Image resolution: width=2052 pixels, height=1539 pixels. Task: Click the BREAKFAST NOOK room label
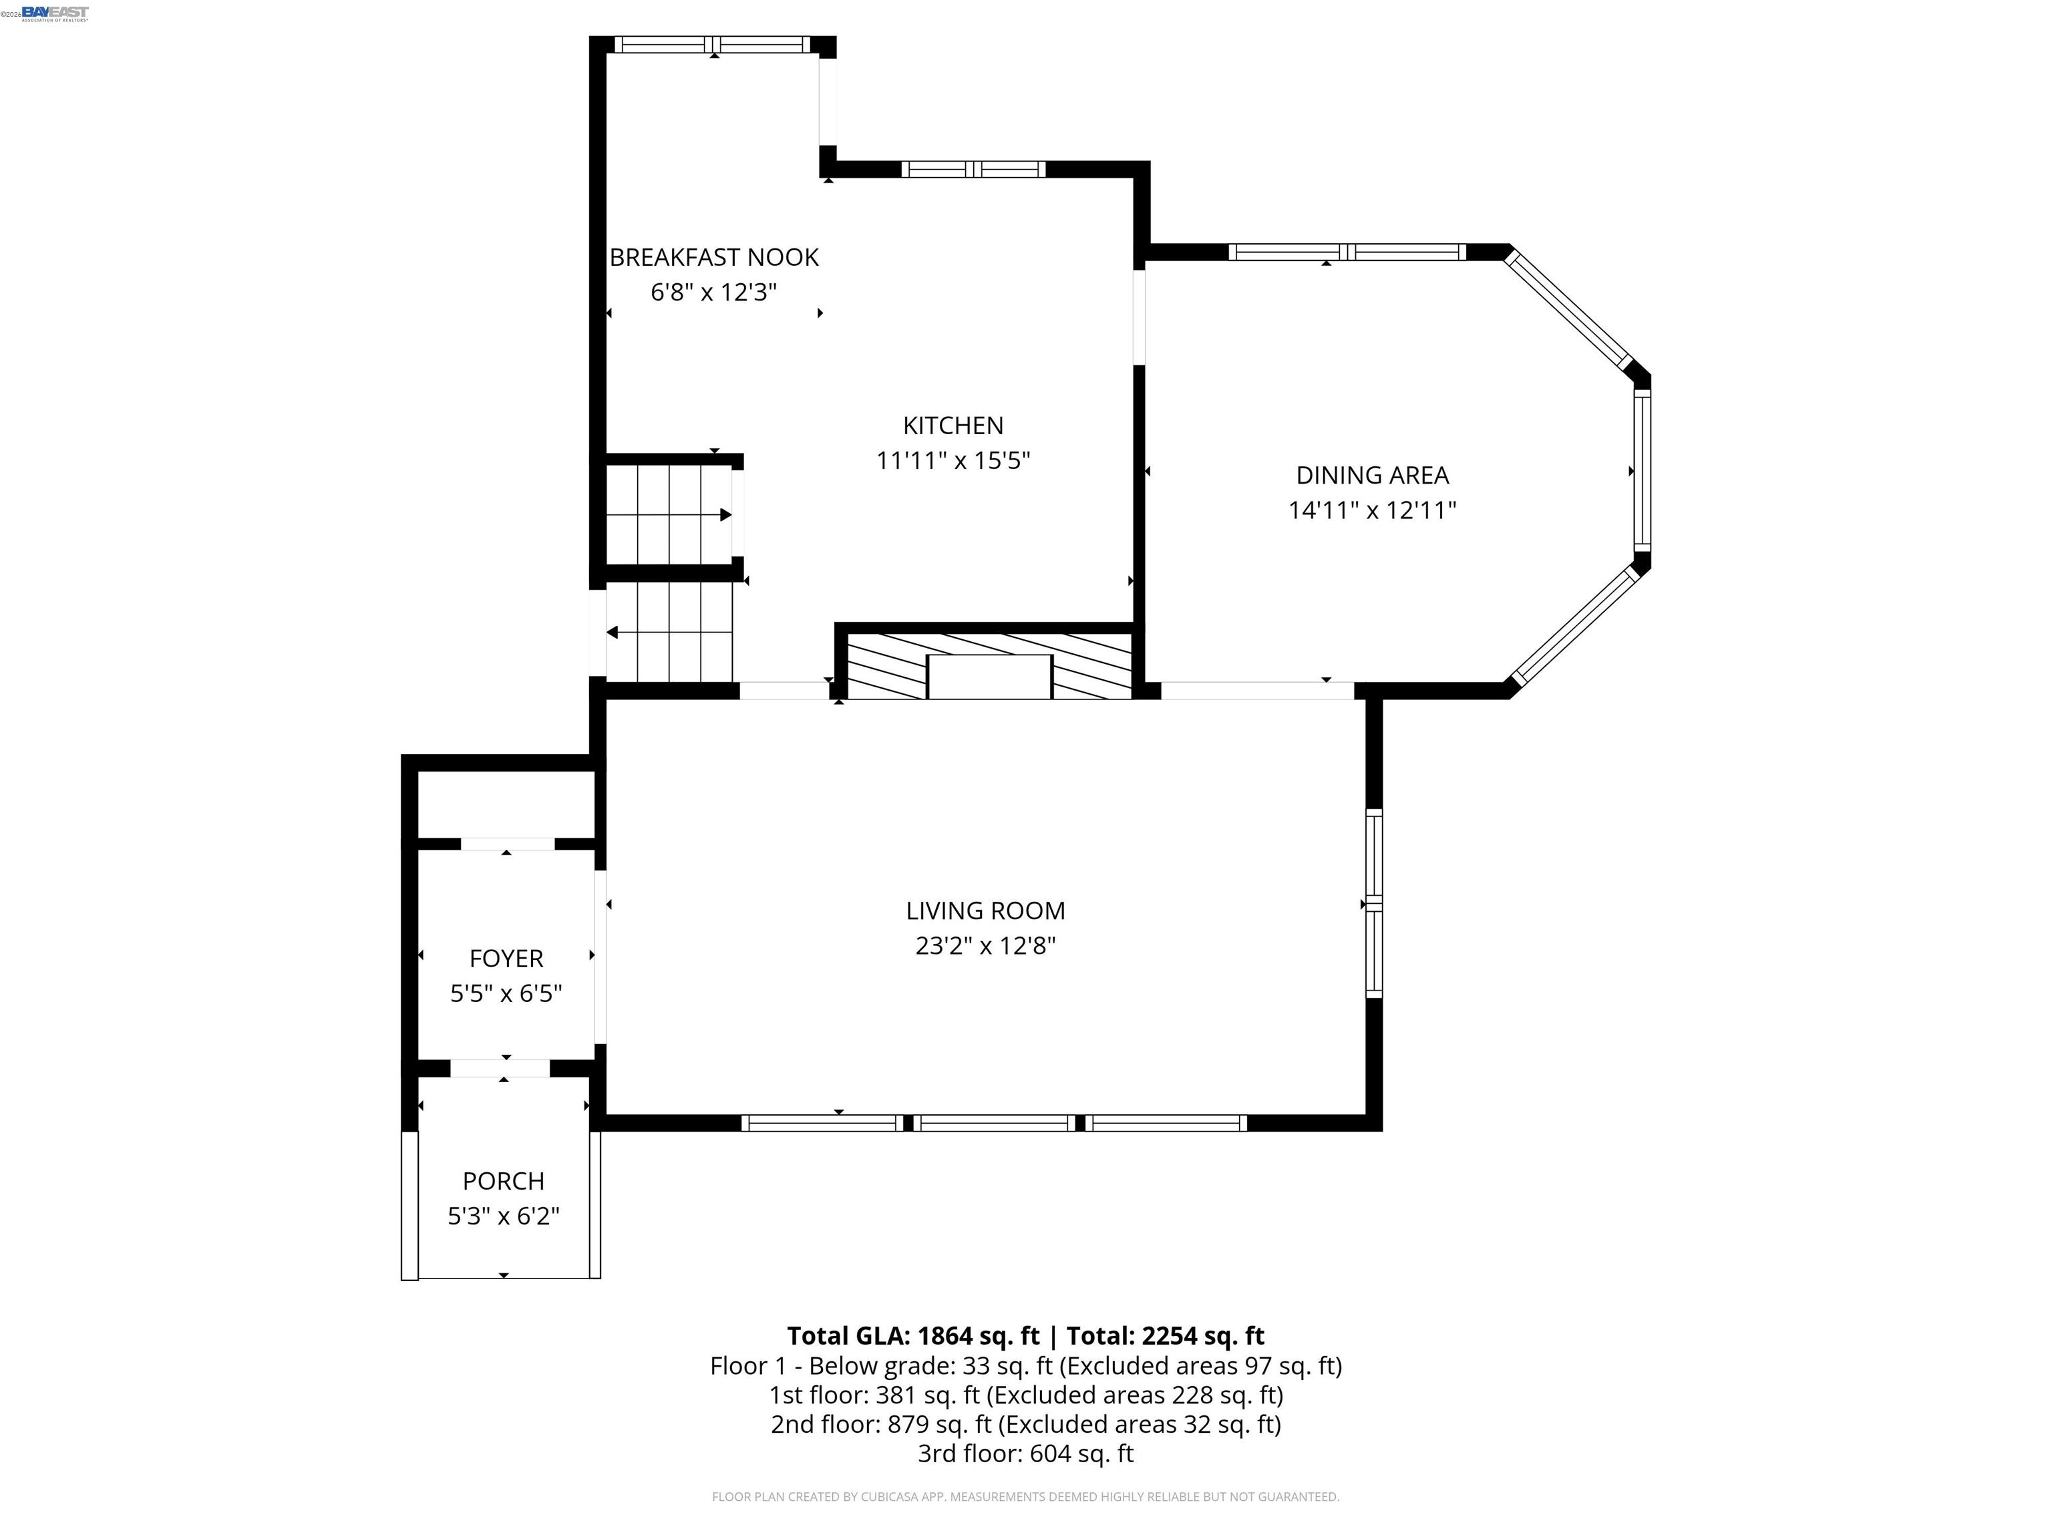(713, 257)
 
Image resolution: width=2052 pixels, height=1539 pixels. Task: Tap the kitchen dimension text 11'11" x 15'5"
(953, 460)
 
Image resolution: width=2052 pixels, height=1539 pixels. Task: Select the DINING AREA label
(1371, 475)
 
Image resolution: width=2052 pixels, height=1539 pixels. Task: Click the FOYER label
(506, 959)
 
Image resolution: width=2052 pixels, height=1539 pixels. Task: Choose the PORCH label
(503, 1181)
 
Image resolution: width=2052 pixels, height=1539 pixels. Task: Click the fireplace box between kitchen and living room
(989, 675)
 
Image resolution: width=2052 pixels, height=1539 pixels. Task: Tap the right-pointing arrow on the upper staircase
(725, 515)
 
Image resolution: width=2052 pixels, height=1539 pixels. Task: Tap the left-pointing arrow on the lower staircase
(613, 633)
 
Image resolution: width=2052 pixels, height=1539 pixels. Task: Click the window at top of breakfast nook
(713, 45)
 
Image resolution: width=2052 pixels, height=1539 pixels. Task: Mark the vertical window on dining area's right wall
(1641, 470)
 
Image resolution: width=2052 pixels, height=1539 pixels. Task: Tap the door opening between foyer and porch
(500, 1067)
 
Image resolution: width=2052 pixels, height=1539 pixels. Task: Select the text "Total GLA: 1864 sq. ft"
(913, 1336)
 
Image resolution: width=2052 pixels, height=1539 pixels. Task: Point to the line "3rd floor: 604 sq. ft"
(1025, 1453)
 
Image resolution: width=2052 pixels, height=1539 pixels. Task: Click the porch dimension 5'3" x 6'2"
(503, 1216)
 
